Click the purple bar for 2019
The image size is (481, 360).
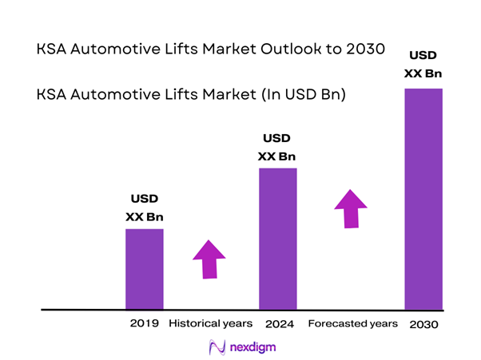[145, 268]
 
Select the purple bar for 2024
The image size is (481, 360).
[277, 238]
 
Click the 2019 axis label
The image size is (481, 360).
[145, 324]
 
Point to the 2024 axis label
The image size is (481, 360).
[277, 324]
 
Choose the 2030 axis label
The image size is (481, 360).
[423, 325]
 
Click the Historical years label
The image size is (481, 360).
[211, 324]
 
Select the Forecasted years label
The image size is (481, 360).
[352, 324]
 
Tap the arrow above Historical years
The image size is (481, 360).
[209, 259]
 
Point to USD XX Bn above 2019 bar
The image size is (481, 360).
[145, 207]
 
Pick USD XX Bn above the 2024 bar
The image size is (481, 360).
[277, 146]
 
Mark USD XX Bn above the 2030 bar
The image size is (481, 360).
[423, 65]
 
